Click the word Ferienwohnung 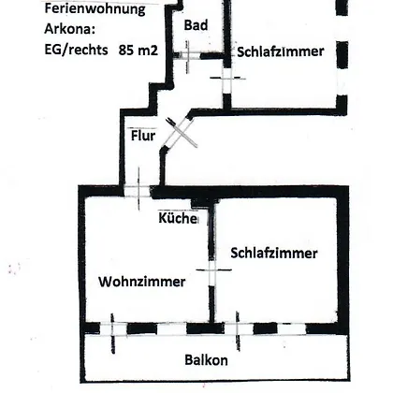(x=95, y=9)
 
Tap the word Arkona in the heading (x=69, y=29)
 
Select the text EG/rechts (x=77, y=50)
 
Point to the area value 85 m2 (x=138, y=50)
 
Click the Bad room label (x=196, y=25)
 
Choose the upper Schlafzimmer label (x=281, y=51)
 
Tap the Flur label (x=143, y=136)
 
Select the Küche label (x=178, y=218)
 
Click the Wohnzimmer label (x=142, y=282)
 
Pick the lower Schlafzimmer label (x=274, y=253)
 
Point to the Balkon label (x=206, y=360)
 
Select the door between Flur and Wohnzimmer (x=138, y=191)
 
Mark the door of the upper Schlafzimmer (x=226, y=80)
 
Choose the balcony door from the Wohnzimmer (x=113, y=329)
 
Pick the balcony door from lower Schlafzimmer (x=238, y=329)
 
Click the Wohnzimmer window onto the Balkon (x=172, y=328)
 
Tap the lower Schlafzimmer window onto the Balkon (x=292, y=328)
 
